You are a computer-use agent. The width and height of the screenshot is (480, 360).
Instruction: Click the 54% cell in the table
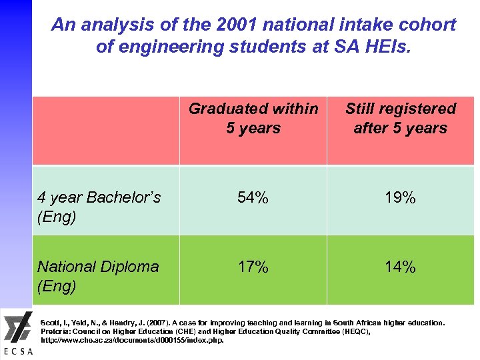click(x=253, y=198)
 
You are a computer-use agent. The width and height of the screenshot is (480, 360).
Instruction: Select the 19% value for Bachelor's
click(x=400, y=198)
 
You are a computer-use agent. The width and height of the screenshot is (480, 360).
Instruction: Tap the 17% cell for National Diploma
click(x=253, y=267)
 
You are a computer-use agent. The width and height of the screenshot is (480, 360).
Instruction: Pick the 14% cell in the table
click(x=400, y=267)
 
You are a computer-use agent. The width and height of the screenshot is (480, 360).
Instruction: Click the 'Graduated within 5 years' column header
click(x=253, y=118)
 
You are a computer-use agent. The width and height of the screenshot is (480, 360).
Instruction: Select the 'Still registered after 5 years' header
click(x=400, y=118)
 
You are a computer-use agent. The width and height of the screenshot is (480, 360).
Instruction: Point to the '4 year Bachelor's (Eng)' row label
click(x=99, y=207)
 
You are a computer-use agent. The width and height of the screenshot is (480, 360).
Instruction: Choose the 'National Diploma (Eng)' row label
click(x=98, y=276)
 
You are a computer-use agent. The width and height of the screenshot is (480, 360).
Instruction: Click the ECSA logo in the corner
click(x=16, y=333)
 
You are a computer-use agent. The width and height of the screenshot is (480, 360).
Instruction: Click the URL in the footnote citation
click(x=133, y=340)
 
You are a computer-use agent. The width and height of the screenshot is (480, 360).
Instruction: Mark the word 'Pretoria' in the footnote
click(x=56, y=331)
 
